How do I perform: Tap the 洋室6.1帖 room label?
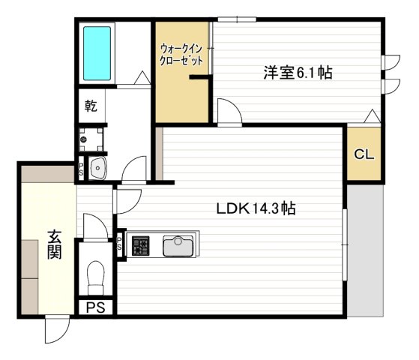pos(298,73)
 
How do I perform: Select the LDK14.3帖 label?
pos(257,209)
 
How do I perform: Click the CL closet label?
pos(364,155)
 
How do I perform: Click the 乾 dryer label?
pos(91,106)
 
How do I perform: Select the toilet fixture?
pos(96,277)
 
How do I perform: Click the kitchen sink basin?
pos(179,245)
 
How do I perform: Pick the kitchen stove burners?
pos(140,245)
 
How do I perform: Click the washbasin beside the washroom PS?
pos(98,169)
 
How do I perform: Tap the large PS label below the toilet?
pos(95,307)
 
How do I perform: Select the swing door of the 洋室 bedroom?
pos(229,111)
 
